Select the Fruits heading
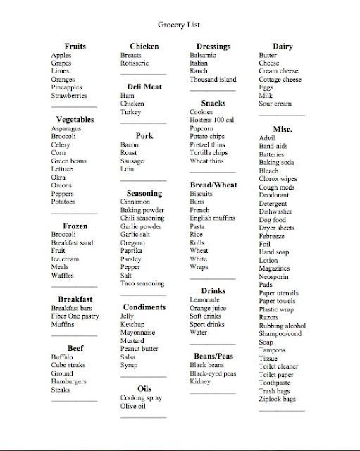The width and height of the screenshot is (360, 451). tap(74, 47)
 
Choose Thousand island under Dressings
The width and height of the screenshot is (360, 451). tap(213, 80)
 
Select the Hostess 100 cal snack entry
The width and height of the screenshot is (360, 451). tap(217, 121)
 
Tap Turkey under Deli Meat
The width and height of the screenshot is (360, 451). tap(131, 112)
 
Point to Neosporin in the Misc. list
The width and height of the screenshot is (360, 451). tap(278, 276)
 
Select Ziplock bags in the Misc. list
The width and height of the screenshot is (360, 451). tap(278, 399)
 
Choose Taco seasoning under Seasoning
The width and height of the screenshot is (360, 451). tap(142, 283)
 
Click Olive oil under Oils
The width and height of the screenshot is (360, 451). tap(133, 406)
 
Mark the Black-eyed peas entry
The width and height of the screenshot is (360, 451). tap(213, 373)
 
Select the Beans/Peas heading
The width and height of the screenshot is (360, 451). tap(213, 356)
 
